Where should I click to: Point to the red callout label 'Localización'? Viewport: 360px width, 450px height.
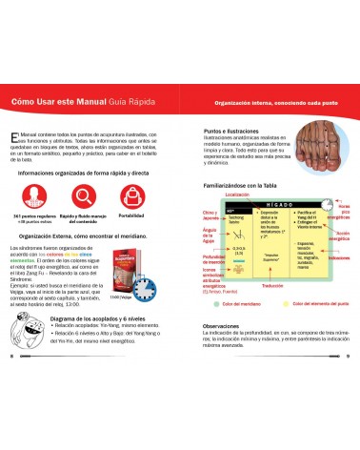pyautogui.click(x=238, y=194)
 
